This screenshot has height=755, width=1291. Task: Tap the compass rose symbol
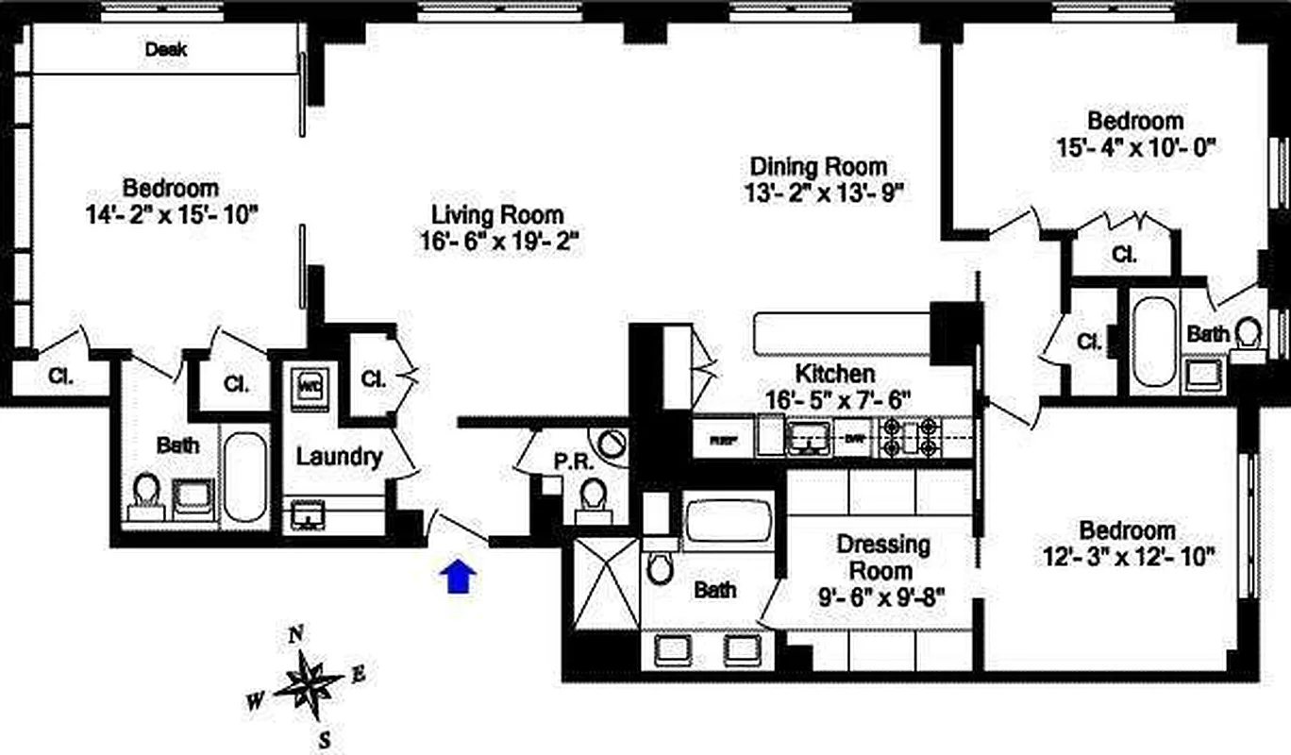[x=309, y=681]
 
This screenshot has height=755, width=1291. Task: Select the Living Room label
[x=497, y=214]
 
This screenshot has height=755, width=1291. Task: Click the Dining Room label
[x=817, y=167]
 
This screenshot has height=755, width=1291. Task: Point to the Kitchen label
[x=834, y=373]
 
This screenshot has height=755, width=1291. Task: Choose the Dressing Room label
[x=882, y=558]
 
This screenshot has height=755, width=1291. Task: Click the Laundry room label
[x=339, y=458]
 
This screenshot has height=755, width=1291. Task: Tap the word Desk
[x=165, y=49]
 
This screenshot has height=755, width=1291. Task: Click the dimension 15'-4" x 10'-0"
[x=1135, y=147]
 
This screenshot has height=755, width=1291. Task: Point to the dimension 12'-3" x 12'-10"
[x=1128, y=556]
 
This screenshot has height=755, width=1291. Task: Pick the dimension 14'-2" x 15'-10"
[x=171, y=214]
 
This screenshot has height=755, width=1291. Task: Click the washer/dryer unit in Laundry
[x=309, y=388]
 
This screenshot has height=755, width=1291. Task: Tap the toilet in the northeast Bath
[x=1248, y=333]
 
